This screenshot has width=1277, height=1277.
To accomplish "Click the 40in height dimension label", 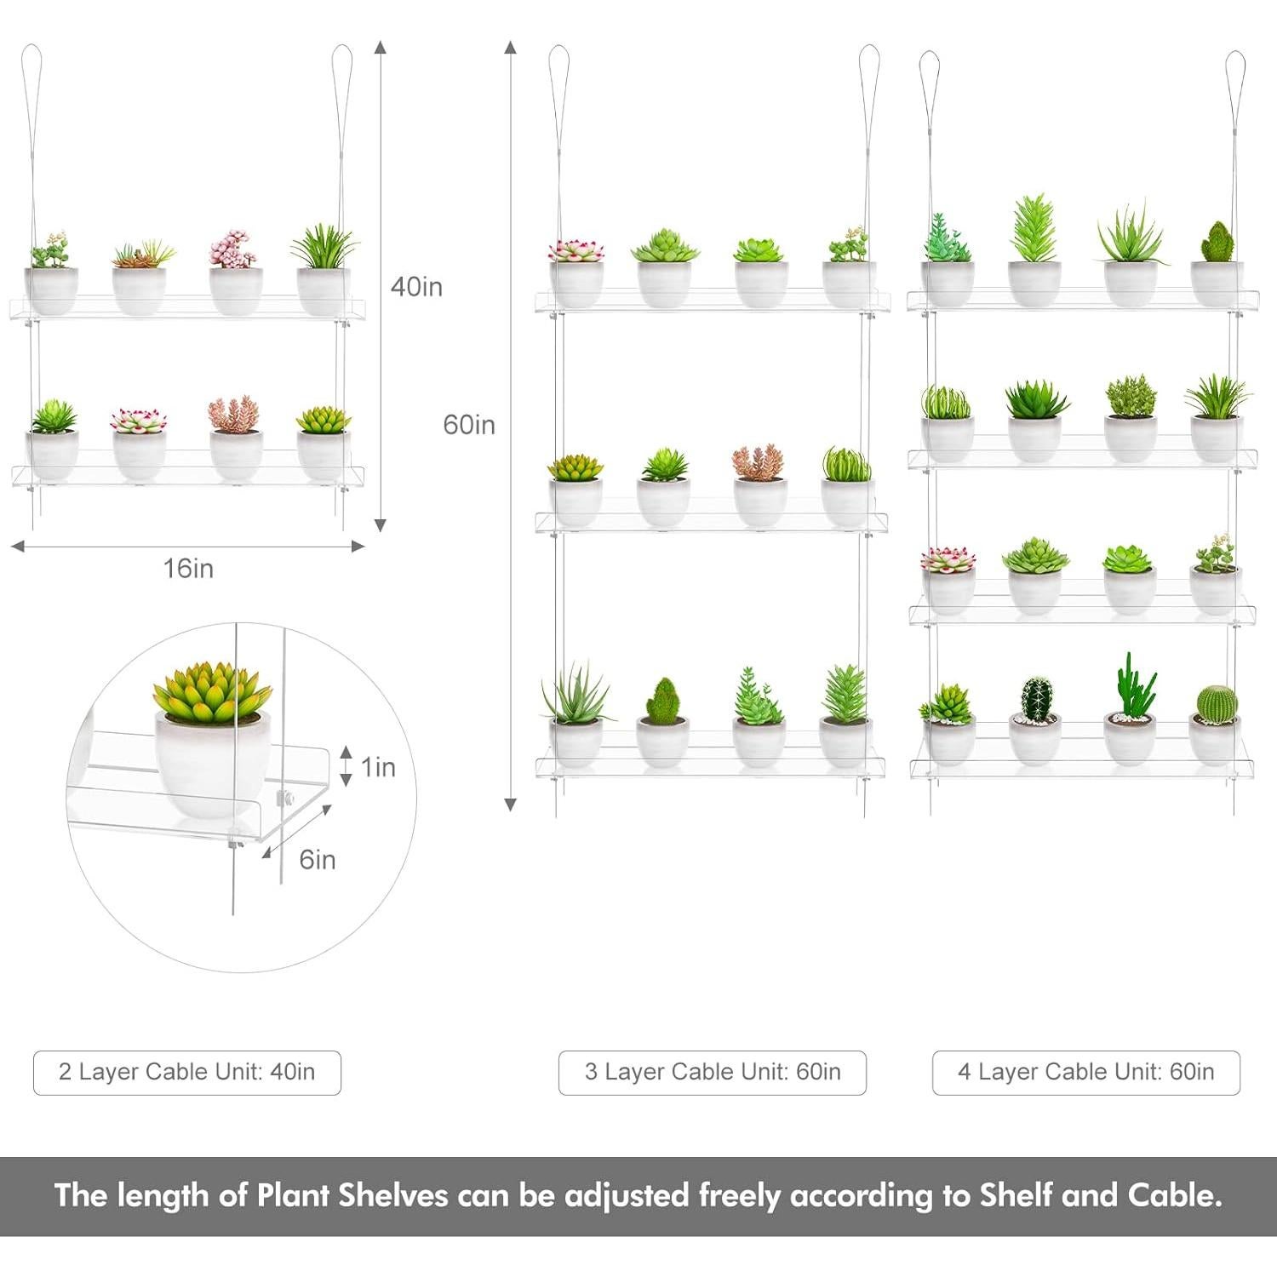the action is (x=416, y=287).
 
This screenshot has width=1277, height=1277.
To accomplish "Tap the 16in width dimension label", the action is (x=188, y=568).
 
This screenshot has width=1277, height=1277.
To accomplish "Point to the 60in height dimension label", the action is (x=468, y=424).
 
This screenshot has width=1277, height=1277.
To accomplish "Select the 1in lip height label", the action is (x=378, y=767).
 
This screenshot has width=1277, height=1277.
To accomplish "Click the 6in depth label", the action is (x=317, y=860).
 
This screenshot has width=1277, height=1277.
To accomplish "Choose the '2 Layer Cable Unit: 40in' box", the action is (x=187, y=1072).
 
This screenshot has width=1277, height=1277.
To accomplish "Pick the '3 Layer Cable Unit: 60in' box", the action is (x=713, y=1072).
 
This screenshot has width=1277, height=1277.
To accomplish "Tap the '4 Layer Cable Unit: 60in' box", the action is (x=1086, y=1072).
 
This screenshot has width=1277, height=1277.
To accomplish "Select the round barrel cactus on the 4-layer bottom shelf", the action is (x=1217, y=703).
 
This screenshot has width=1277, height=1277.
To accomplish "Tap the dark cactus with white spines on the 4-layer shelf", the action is (x=1036, y=697).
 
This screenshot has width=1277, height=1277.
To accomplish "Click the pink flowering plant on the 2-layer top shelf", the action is (x=232, y=249).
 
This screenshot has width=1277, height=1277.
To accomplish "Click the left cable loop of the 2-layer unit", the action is (x=31, y=68).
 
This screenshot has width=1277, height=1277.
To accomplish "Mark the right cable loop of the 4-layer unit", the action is (x=1235, y=72).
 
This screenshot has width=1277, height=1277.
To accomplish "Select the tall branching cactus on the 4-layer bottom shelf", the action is (x=1132, y=685).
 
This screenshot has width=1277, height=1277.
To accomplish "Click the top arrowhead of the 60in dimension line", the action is (x=511, y=47).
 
